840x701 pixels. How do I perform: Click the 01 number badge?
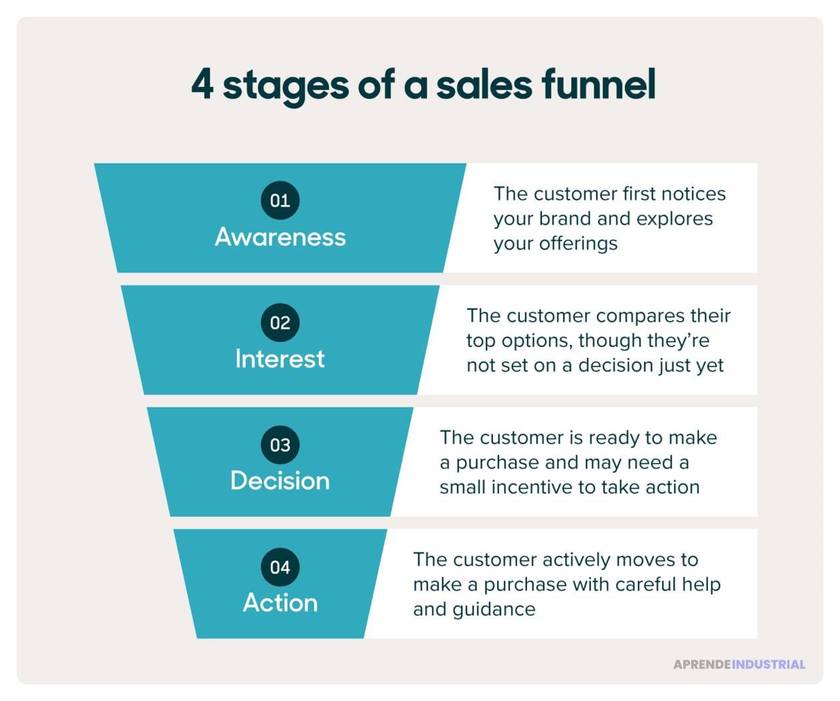coord(280,200)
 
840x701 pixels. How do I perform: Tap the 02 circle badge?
coord(280,322)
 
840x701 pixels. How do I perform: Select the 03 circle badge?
coord(280,445)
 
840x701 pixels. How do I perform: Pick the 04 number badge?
coord(280,567)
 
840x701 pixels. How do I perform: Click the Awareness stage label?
coord(280,237)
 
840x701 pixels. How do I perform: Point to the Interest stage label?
coord(280,359)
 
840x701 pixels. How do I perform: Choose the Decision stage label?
coord(280,481)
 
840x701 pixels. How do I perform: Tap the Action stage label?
coord(280,603)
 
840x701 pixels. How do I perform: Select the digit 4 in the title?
coord(202,85)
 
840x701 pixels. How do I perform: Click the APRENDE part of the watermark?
coord(702,664)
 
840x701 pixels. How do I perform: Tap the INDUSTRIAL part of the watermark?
coord(769,664)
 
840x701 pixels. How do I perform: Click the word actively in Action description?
coord(576,559)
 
